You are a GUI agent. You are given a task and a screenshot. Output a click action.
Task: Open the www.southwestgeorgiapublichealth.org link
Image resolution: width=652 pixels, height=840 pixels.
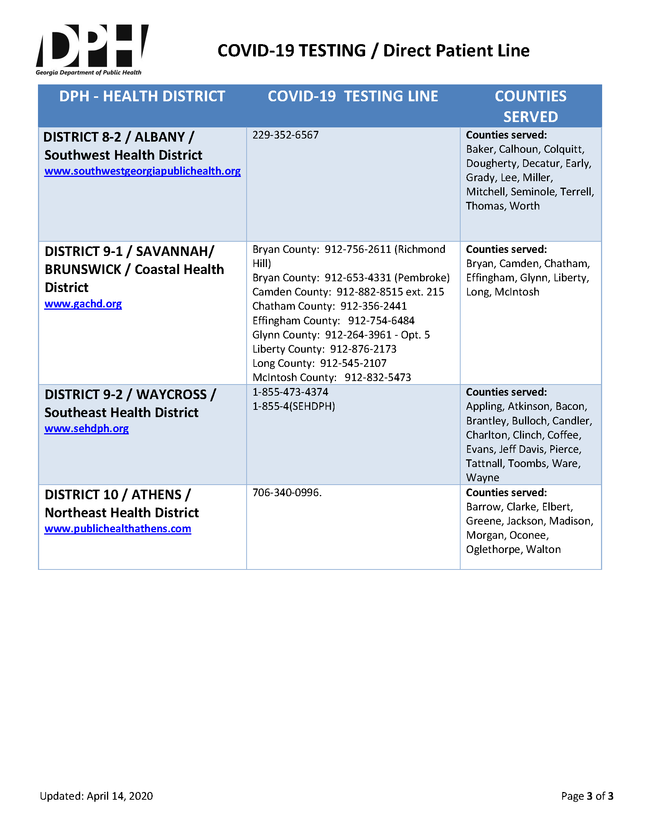142,171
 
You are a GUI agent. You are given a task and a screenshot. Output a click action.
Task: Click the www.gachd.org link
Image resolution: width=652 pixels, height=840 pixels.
83,304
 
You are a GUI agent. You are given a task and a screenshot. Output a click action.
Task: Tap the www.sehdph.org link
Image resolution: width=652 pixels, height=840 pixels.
87,429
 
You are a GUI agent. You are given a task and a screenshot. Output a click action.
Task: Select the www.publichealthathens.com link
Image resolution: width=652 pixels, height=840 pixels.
118,529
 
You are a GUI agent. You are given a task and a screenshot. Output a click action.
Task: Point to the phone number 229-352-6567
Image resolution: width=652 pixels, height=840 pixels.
285,135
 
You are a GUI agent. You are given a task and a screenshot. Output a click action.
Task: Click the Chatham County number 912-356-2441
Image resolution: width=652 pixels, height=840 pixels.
373,306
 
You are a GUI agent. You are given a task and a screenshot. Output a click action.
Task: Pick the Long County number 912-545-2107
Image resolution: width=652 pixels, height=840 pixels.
353,363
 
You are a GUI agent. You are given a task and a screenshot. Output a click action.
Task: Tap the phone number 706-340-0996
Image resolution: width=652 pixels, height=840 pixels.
286,493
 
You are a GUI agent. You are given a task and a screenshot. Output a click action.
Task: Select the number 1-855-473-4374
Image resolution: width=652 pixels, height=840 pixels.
290,392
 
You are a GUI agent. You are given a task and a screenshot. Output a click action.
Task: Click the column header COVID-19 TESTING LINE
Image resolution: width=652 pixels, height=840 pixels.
352,96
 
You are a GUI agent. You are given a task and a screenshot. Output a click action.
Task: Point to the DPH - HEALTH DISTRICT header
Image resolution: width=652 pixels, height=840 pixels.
142,96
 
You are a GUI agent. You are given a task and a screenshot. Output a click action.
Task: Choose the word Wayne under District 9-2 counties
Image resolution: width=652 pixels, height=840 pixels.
482,478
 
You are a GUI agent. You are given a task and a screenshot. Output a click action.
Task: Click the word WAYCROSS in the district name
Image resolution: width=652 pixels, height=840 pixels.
171,394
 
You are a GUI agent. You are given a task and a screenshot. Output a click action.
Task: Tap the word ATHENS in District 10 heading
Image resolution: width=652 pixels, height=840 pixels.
156,495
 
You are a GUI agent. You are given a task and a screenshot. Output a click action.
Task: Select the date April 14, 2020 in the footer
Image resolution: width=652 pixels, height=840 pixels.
120,796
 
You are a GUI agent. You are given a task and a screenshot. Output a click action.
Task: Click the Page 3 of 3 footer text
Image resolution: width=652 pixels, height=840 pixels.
587,796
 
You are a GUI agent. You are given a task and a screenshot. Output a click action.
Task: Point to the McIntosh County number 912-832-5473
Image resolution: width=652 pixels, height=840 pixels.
377,377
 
